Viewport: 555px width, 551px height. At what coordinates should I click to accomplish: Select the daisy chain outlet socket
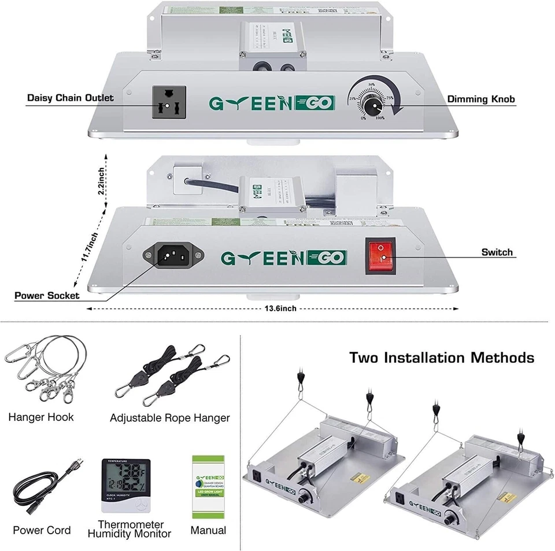pyautogui.click(x=169, y=102)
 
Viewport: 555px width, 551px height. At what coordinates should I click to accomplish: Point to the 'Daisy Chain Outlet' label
pyautogui.click(x=71, y=98)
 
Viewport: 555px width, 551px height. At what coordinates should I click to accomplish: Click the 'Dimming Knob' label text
pyautogui.click(x=481, y=100)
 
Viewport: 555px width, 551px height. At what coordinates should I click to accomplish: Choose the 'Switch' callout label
pyautogui.click(x=497, y=252)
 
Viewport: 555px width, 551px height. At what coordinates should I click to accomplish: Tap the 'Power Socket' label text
pyautogui.click(x=47, y=296)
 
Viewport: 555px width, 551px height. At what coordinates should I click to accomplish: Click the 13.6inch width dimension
pyautogui.click(x=280, y=308)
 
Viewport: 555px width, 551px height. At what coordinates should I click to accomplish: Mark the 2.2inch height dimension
pyautogui.click(x=102, y=181)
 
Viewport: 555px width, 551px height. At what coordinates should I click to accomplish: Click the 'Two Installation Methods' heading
pyautogui.click(x=442, y=358)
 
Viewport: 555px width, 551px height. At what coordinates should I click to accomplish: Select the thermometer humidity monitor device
pyautogui.click(x=125, y=486)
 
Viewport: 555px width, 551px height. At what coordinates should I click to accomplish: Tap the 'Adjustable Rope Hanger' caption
pyautogui.click(x=169, y=418)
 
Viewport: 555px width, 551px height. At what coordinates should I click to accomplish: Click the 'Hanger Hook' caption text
pyautogui.click(x=41, y=417)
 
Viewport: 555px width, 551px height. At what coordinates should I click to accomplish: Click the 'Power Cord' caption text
pyautogui.click(x=42, y=530)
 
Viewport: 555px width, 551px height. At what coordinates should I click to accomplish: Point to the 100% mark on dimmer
pyautogui.click(x=380, y=118)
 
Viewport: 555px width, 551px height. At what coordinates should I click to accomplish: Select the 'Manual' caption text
pyautogui.click(x=208, y=530)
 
